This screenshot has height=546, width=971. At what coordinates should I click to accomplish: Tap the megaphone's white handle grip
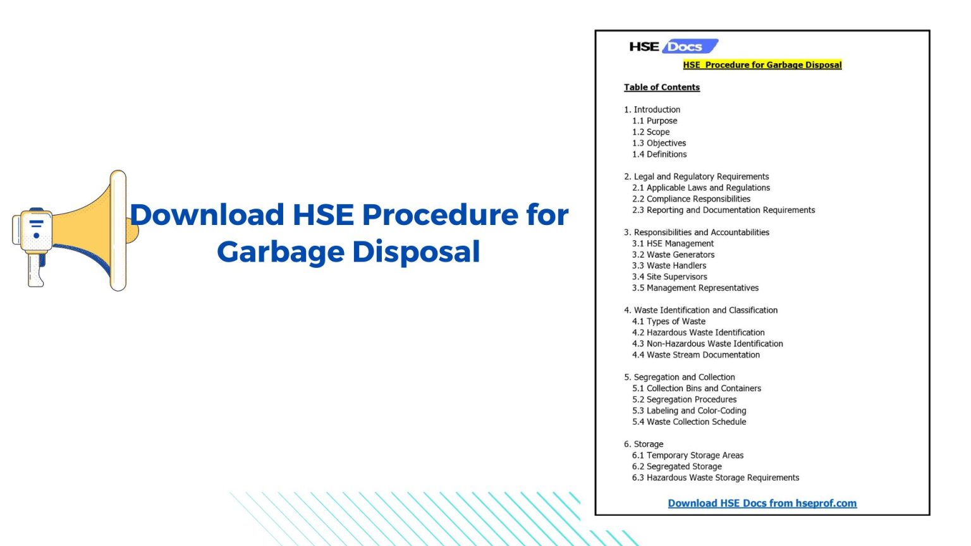(x=35, y=270)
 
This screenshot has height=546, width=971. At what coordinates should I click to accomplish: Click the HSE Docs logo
(x=673, y=46)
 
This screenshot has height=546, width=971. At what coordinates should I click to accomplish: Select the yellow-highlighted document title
(x=762, y=64)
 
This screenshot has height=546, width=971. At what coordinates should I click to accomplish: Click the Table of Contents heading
(x=661, y=87)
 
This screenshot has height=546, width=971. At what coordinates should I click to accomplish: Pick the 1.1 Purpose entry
(x=654, y=121)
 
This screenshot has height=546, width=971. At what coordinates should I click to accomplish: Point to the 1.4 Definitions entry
(x=659, y=154)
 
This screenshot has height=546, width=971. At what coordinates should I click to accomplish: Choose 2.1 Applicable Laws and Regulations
(x=701, y=188)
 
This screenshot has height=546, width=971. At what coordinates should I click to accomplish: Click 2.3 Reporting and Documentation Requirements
(x=723, y=210)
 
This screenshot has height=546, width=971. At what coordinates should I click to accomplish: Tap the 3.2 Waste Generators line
(x=673, y=255)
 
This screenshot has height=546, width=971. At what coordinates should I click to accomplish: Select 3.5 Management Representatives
(x=695, y=288)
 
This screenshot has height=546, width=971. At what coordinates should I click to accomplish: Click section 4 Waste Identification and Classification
(x=700, y=310)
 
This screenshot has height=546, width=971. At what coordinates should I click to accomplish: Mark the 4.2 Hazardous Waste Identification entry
(x=698, y=332)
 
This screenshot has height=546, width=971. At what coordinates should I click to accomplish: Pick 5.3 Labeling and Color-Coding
(x=689, y=411)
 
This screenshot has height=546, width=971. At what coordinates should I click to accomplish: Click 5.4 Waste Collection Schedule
(x=689, y=422)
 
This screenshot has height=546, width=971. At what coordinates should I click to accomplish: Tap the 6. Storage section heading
(x=644, y=444)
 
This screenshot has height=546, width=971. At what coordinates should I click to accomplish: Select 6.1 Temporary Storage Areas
(x=688, y=456)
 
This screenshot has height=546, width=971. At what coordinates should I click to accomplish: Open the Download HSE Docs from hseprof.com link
(x=762, y=503)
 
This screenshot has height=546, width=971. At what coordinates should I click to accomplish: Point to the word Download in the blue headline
(x=207, y=215)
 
